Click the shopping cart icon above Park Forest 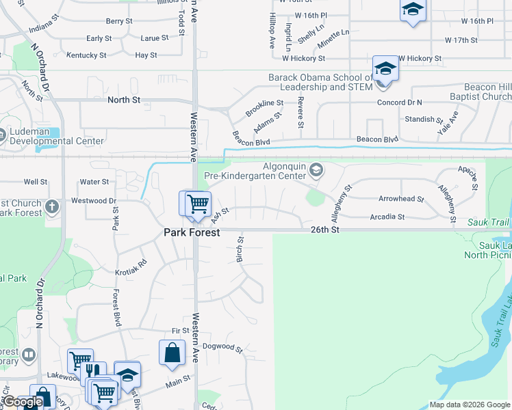pos(197,204)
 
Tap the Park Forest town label pos(192,232)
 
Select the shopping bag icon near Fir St pos(172,353)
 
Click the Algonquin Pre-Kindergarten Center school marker pos(316,169)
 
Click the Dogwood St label pos(223,348)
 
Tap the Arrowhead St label pos(402,200)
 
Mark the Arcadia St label pos(387,217)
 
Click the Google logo pos(23,402)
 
